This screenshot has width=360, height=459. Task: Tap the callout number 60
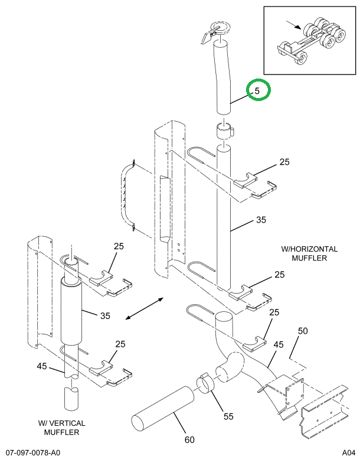(x=189, y=440)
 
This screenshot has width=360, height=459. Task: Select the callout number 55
(x=228, y=416)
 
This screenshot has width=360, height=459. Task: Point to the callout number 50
(x=302, y=331)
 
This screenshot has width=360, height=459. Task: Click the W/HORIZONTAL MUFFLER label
(x=309, y=253)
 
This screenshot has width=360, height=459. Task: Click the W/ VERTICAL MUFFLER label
(x=62, y=428)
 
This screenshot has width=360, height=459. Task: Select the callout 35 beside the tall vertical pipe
(x=261, y=220)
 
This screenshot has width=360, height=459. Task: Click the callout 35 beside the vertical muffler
(x=105, y=315)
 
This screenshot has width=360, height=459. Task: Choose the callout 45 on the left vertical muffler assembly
(x=41, y=366)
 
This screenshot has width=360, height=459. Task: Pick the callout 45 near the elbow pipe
(x=279, y=344)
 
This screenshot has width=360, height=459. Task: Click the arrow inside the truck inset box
(x=293, y=24)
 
